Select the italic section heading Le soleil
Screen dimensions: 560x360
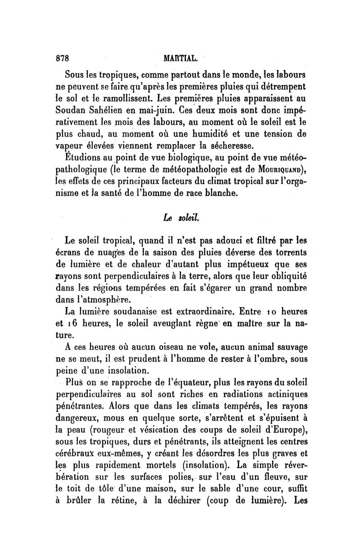click(179, 217)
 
